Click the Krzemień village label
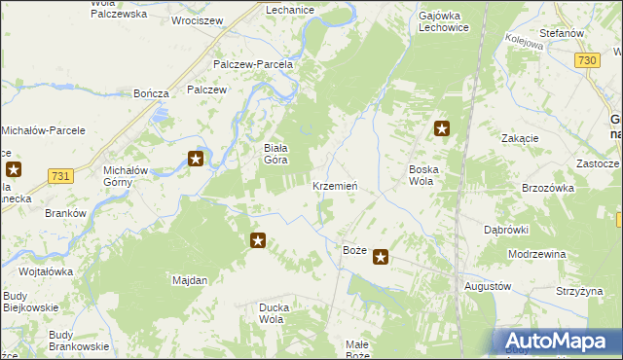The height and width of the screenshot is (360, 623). tap(336, 185)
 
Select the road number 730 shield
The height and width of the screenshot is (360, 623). tap(586, 60)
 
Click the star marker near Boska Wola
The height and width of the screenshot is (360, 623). tap(442, 127)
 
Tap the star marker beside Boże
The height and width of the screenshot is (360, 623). tap(382, 258)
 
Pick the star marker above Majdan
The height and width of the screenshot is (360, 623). tap(258, 240)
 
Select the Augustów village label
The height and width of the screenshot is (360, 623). tap(487, 287)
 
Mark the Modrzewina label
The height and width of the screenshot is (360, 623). tap(537, 254)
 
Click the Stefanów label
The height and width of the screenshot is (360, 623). tap(561, 33)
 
